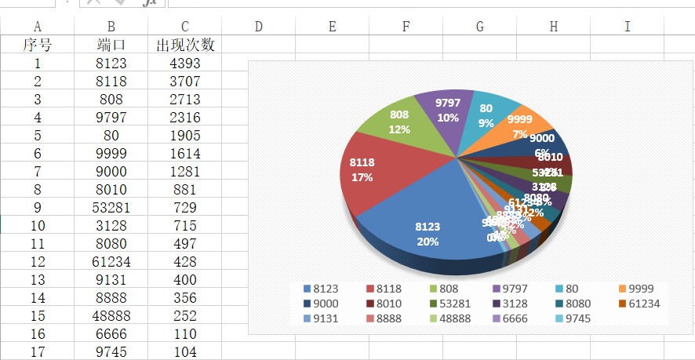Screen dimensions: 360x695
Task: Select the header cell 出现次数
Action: (184, 45)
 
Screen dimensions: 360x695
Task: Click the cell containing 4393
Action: (184, 64)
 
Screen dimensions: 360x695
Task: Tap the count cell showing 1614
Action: (184, 154)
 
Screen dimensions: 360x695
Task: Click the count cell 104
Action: (184, 352)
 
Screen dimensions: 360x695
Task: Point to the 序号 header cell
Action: (38, 45)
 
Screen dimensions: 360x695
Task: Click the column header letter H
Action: (553, 27)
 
